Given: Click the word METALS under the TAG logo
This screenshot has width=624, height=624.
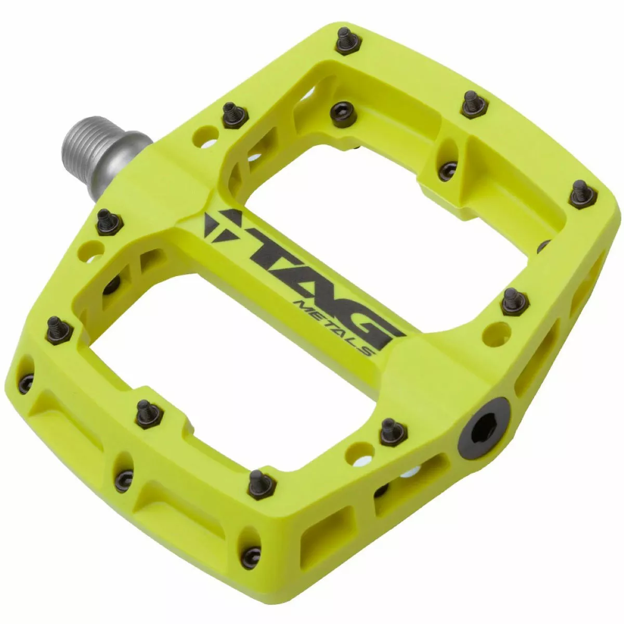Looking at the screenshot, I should (x=333, y=328).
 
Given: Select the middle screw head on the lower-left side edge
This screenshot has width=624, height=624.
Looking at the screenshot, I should (x=124, y=481).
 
